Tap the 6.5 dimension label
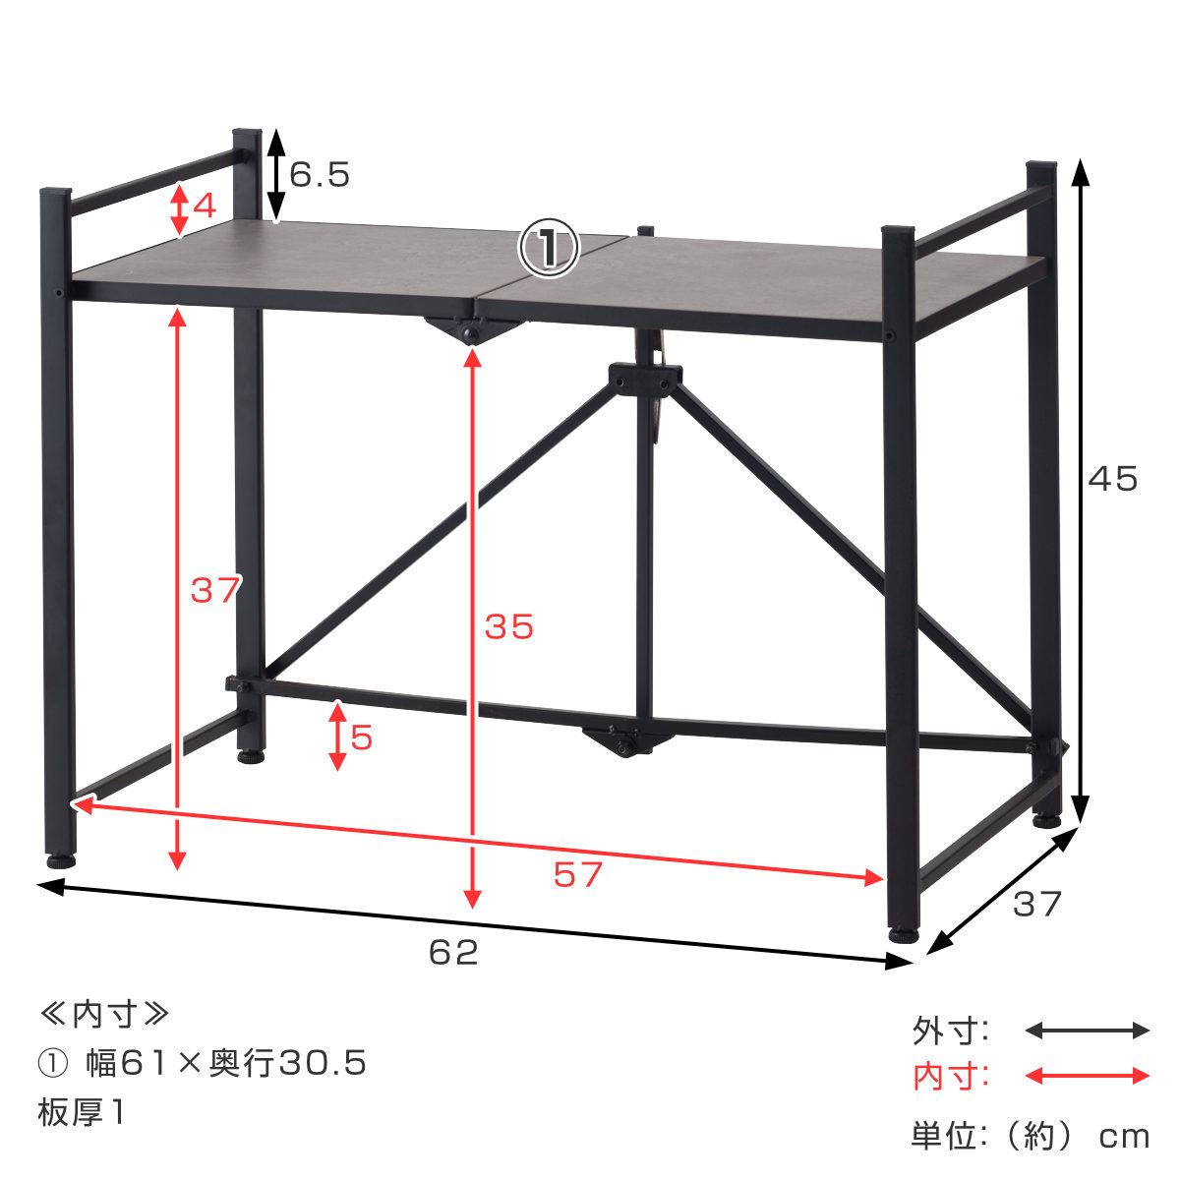tap(320, 175)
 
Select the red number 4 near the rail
tap(204, 206)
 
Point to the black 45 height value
tap(1112, 479)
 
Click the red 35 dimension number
tap(509, 626)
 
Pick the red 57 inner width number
tap(577, 874)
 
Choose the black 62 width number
tap(453, 952)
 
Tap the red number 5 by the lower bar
tap(362, 737)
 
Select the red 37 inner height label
tap(215, 590)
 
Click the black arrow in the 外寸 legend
tap(1087, 1031)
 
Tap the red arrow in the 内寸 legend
tap(1087, 1076)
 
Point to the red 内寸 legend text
tap(950, 1077)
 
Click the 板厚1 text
tap(82, 1112)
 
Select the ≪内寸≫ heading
tap(104, 1014)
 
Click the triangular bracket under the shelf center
tap(467, 329)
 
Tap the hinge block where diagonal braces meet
tap(645, 378)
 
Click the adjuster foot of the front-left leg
tap(61, 859)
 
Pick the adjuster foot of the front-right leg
tap(902, 934)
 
